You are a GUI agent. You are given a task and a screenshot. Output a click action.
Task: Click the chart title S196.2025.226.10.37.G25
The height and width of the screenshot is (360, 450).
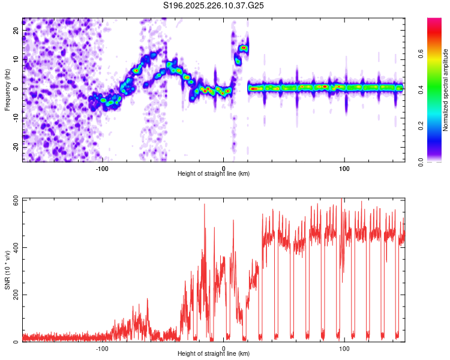214,5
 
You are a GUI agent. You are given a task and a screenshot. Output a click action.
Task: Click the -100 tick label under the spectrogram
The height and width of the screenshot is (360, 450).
102,168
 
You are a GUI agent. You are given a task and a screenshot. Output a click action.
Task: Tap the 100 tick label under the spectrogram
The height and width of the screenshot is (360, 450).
344,168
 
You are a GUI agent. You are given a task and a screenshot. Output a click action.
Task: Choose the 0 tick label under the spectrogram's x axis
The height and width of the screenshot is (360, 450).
223,168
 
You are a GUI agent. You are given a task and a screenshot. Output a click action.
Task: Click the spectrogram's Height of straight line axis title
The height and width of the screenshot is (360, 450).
214,174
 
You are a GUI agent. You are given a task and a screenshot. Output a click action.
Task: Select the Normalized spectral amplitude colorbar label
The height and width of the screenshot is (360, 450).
445,90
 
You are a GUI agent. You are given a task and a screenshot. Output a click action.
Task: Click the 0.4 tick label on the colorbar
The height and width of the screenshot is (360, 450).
437,89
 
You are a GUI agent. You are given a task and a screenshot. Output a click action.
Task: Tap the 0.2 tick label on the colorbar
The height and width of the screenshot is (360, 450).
437,126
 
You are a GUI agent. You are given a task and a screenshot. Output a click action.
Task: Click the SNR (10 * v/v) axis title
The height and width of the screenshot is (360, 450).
7,270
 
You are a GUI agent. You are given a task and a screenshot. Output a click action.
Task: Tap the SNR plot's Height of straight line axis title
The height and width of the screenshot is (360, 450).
214,354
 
